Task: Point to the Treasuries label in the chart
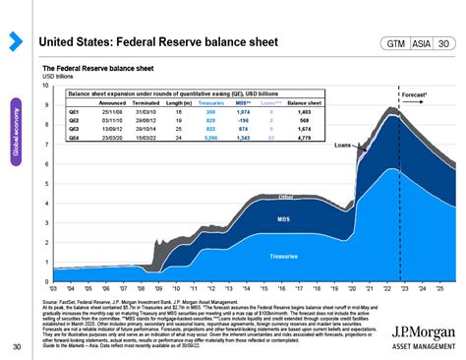pos(284,256)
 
